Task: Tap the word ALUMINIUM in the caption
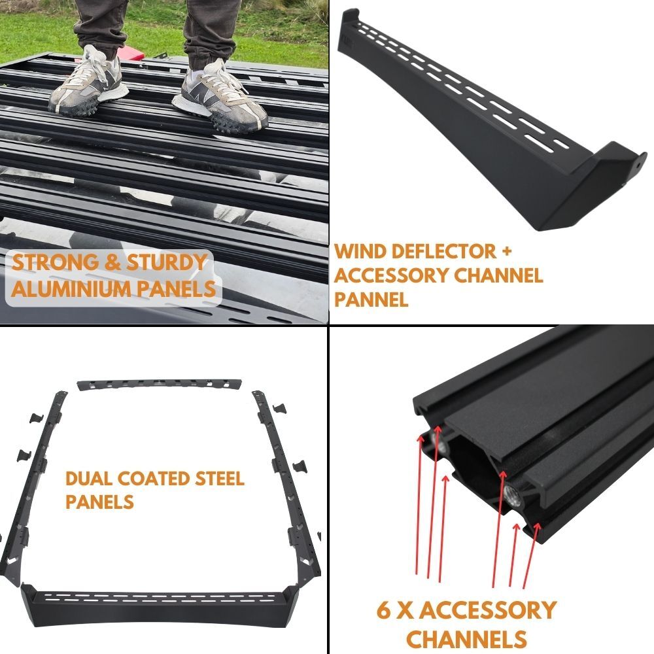click(x=72, y=288)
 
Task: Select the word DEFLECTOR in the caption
click(x=444, y=251)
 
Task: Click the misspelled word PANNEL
click(x=371, y=299)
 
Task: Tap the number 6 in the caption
click(x=383, y=610)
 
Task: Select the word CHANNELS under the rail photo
click(x=466, y=639)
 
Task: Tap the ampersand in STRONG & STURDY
click(x=112, y=262)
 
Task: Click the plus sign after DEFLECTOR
click(x=506, y=251)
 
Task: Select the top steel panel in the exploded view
click(x=160, y=384)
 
